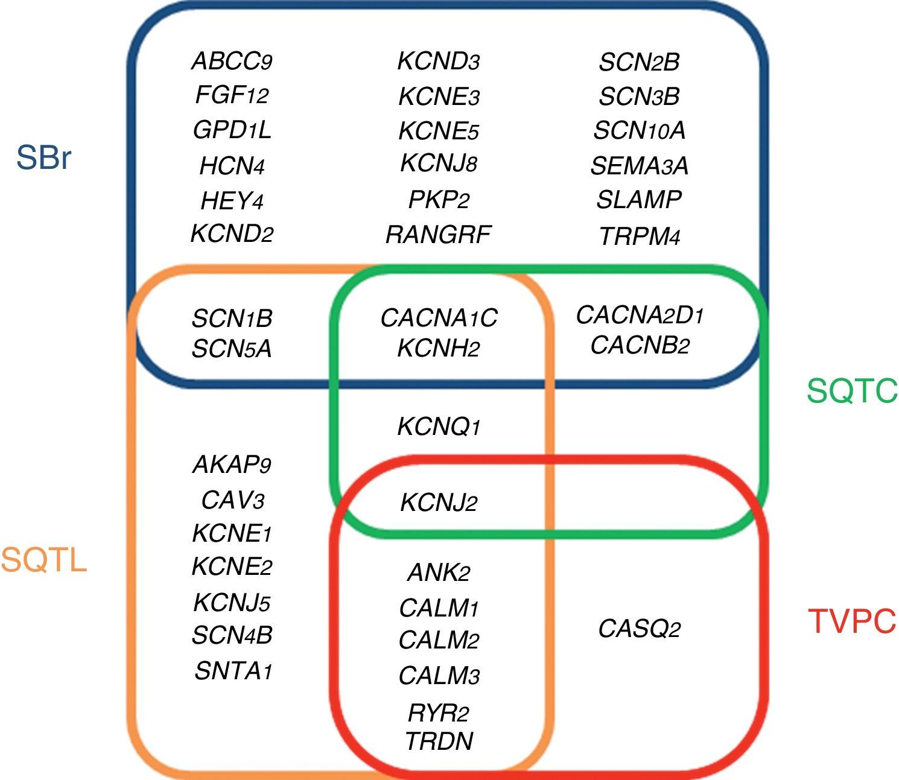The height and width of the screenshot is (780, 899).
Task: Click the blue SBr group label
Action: [43, 157]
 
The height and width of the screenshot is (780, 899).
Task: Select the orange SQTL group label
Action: [44, 560]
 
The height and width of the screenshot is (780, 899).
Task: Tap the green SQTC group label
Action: [852, 390]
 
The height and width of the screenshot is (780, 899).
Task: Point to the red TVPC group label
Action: [852, 621]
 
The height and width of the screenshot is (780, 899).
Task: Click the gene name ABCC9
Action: [232, 61]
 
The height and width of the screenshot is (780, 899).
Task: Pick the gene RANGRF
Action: [438, 235]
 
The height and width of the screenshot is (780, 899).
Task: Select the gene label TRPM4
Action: [640, 236]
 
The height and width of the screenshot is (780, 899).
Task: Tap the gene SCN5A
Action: [232, 349]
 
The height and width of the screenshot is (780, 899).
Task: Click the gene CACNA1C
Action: [439, 318]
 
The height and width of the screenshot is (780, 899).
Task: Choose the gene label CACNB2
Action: [640, 345]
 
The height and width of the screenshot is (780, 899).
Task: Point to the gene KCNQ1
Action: [439, 426]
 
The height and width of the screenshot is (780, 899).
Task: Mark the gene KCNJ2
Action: [439, 503]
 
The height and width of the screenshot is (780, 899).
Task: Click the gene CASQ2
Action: [640, 629]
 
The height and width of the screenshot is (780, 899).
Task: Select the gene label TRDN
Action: [439, 741]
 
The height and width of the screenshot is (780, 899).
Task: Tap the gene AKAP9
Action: [232, 465]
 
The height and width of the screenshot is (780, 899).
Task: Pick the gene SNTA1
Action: [233, 671]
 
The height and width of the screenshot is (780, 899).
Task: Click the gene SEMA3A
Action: [640, 166]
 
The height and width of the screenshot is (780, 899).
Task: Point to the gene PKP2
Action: [439, 200]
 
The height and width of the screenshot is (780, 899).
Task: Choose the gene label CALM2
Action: [439, 640]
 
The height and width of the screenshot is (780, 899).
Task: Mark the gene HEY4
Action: [232, 201]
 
